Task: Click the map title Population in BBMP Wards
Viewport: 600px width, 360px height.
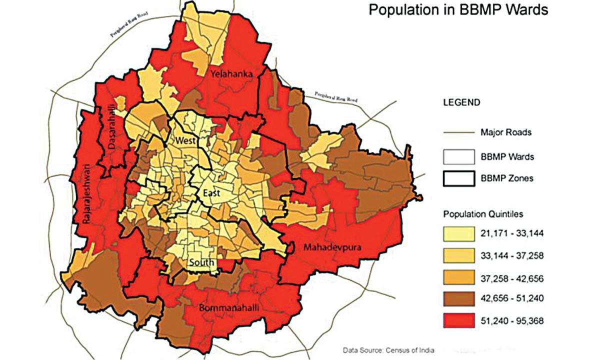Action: (458, 9)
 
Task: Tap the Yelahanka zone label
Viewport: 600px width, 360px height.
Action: (231, 74)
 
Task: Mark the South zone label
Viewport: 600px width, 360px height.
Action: (201, 262)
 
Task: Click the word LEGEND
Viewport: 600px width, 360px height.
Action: (461, 102)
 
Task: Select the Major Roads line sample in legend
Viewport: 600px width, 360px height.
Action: (458, 132)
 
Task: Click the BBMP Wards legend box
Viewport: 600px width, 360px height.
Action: (458, 156)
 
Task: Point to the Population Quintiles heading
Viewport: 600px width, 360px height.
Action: (483, 214)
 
